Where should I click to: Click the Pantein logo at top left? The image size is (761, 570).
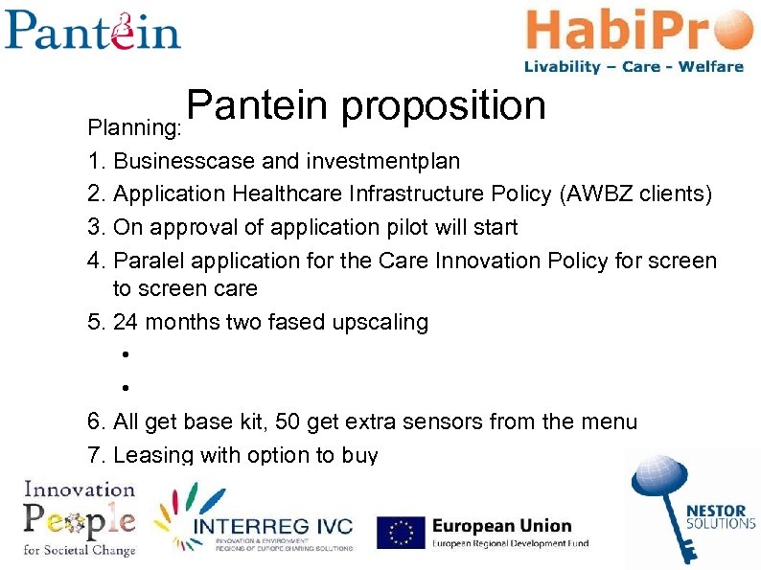[92, 30]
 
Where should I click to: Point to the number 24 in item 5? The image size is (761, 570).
[127, 322]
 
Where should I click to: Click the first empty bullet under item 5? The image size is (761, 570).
[126, 355]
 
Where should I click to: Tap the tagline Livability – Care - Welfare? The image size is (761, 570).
[634, 67]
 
